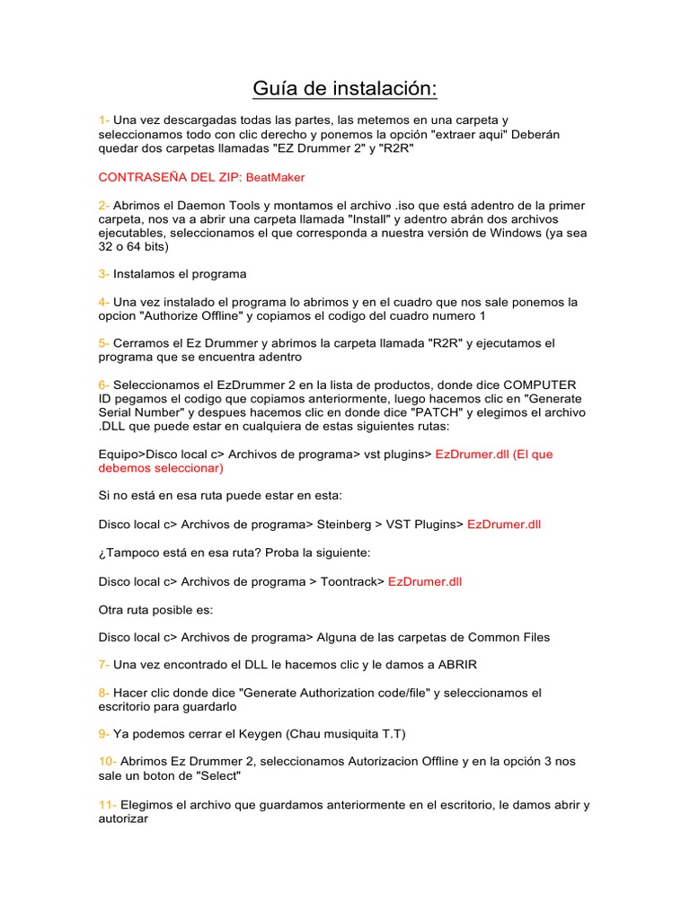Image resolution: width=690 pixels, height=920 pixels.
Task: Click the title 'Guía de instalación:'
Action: click(344, 89)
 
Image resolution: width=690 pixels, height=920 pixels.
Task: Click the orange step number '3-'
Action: click(105, 274)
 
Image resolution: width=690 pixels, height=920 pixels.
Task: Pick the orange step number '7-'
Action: click(105, 665)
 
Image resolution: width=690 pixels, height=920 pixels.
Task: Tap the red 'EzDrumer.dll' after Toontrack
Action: click(425, 581)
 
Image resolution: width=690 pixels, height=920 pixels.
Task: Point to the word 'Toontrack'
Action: click(352, 581)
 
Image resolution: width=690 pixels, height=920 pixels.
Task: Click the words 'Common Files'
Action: click(509, 637)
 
